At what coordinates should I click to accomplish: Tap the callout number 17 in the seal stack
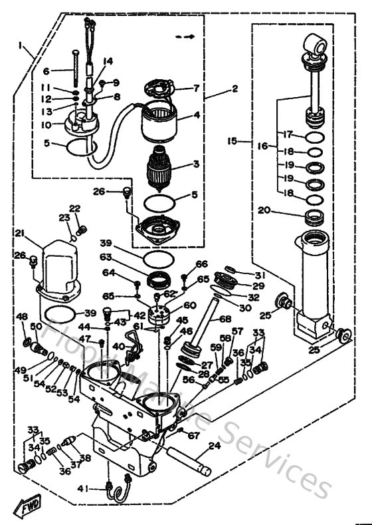[288, 134]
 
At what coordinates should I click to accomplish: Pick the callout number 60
[190, 305]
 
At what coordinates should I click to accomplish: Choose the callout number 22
[74, 208]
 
